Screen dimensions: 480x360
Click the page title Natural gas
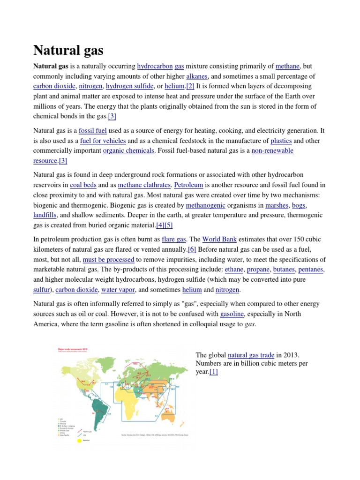[x=68, y=50]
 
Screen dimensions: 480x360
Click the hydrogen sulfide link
[x=130, y=86]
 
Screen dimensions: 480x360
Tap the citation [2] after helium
[x=190, y=86]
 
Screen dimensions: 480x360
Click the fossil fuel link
[x=93, y=130]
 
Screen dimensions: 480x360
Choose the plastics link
[x=281, y=141]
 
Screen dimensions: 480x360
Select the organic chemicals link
[x=128, y=150]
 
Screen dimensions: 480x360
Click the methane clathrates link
[x=142, y=185]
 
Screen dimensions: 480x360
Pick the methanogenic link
[x=205, y=205]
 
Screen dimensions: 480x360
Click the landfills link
[x=45, y=215]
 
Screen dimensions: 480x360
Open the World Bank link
[x=217, y=239]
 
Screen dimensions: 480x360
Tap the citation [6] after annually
[x=192, y=249]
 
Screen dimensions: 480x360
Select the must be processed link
[x=108, y=259]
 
